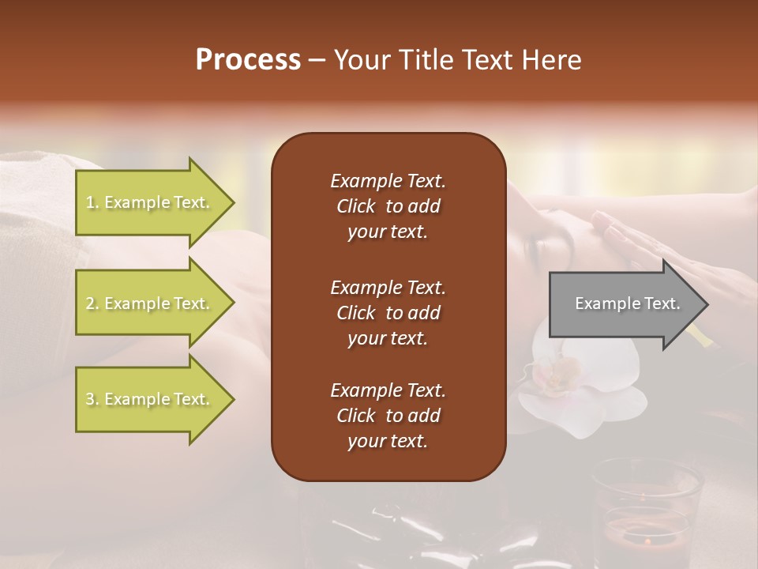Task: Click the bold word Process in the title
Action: pos(248,60)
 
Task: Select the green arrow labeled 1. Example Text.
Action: pos(150,202)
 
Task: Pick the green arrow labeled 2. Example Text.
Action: pos(150,303)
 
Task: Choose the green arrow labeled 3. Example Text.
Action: pos(150,399)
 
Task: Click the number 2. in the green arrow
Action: pos(92,303)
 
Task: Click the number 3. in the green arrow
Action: pos(92,399)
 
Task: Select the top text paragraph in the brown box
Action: pos(388,206)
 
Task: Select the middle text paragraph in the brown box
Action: pos(388,313)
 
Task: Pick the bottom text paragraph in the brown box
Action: pos(388,416)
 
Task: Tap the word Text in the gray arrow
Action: pos(662,303)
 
